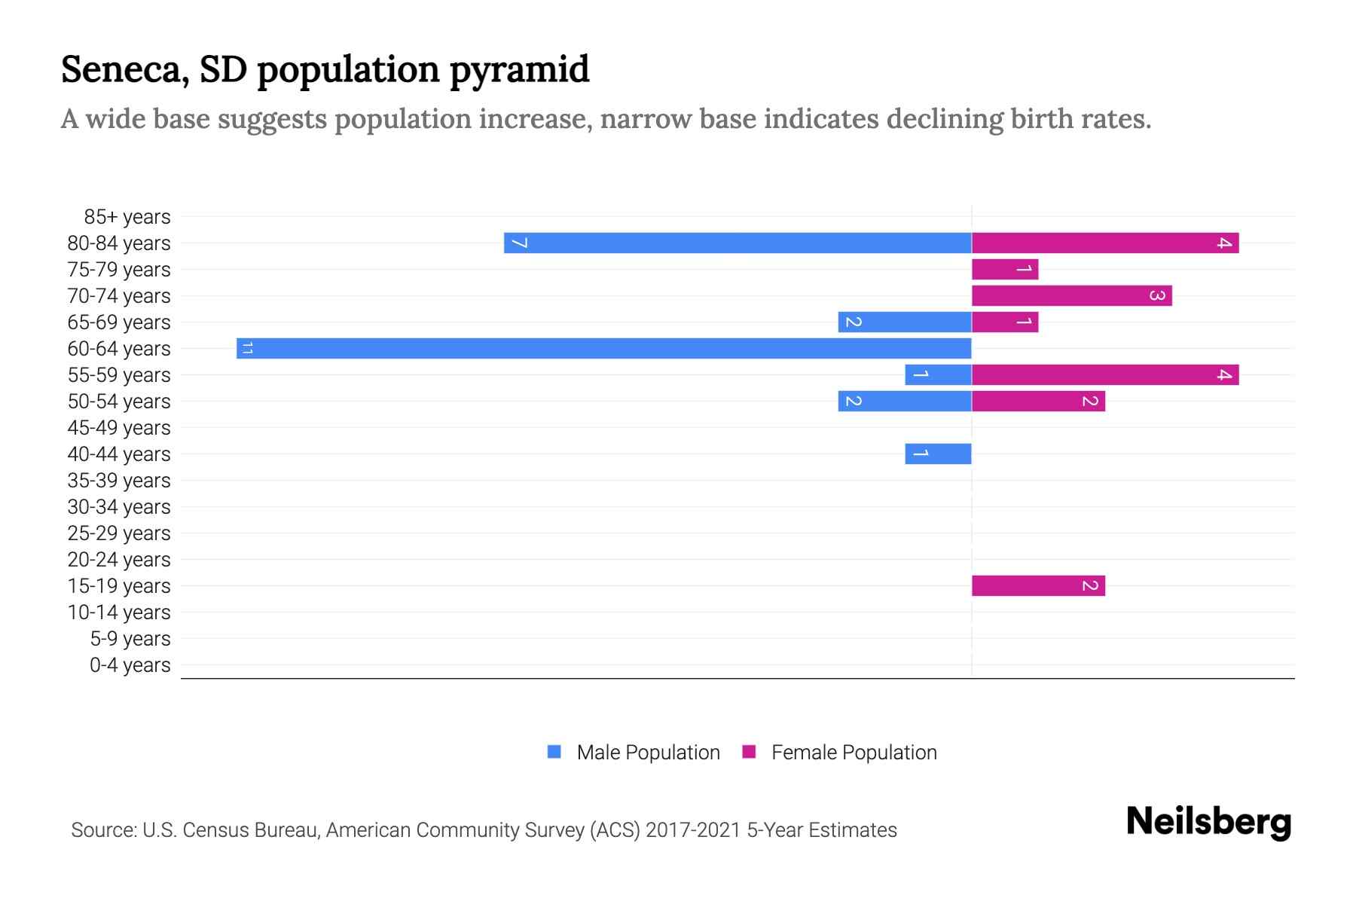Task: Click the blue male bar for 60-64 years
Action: [x=603, y=348]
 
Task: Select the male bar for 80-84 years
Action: [x=738, y=243]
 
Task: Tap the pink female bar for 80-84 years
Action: [x=1105, y=243]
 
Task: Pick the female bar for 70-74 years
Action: [x=1071, y=295]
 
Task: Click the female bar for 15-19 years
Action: [x=1038, y=585]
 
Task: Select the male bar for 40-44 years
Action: [x=938, y=454]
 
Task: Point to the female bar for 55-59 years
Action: [x=1105, y=374]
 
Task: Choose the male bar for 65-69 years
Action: [x=904, y=322]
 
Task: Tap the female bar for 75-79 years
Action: [x=1005, y=269]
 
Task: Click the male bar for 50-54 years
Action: [x=904, y=401]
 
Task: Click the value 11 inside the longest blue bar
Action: [x=247, y=348]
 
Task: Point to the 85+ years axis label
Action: [x=127, y=217]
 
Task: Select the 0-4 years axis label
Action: [x=130, y=665]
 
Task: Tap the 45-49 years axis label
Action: [x=119, y=428]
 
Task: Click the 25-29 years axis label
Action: [x=119, y=533]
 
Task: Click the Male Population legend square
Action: [x=554, y=752]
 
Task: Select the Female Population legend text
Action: [x=854, y=752]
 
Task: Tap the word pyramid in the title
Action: [x=520, y=70]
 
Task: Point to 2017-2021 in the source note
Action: [x=693, y=830]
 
